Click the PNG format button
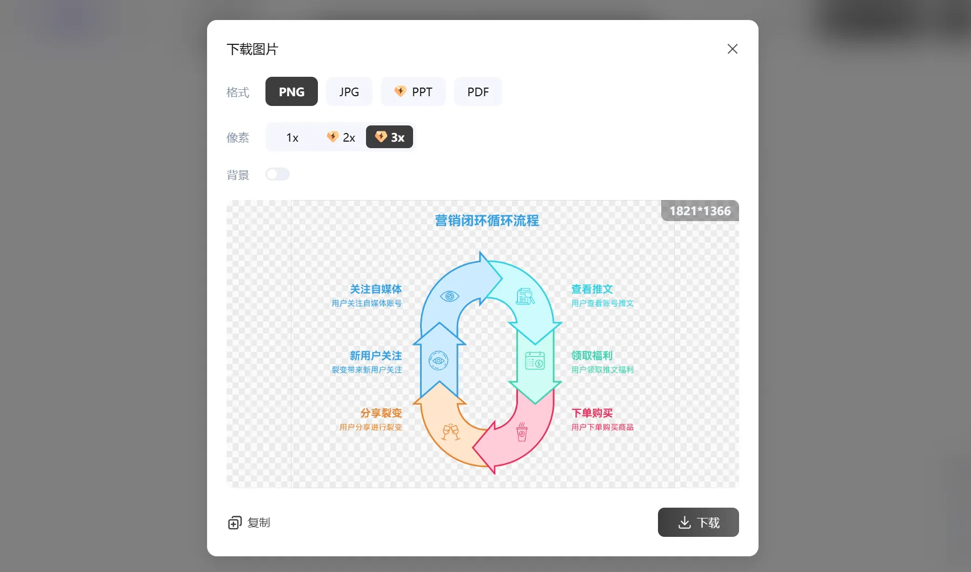pyautogui.click(x=291, y=92)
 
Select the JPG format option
pyautogui.click(x=349, y=92)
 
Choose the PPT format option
pyautogui.click(x=413, y=92)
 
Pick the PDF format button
pyautogui.click(x=478, y=92)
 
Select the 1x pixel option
pyautogui.click(x=292, y=137)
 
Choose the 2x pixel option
pyautogui.click(x=341, y=137)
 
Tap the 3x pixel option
pyautogui.click(x=389, y=137)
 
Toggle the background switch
pyautogui.click(x=277, y=174)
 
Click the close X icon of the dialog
pyautogui.click(x=732, y=49)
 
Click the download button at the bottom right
pyautogui.click(x=698, y=522)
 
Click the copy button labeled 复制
pyautogui.click(x=249, y=523)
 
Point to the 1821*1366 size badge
pyautogui.click(x=700, y=211)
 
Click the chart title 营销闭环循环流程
pyautogui.click(x=487, y=221)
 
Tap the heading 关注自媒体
pyautogui.click(x=375, y=289)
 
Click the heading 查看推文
pyautogui.click(x=592, y=289)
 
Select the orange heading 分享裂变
pyautogui.click(x=381, y=413)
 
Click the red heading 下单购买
pyautogui.click(x=592, y=413)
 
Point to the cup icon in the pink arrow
pyautogui.click(x=522, y=432)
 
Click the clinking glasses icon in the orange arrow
pyautogui.click(x=450, y=431)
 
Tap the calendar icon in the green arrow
pyautogui.click(x=535, y=361)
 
